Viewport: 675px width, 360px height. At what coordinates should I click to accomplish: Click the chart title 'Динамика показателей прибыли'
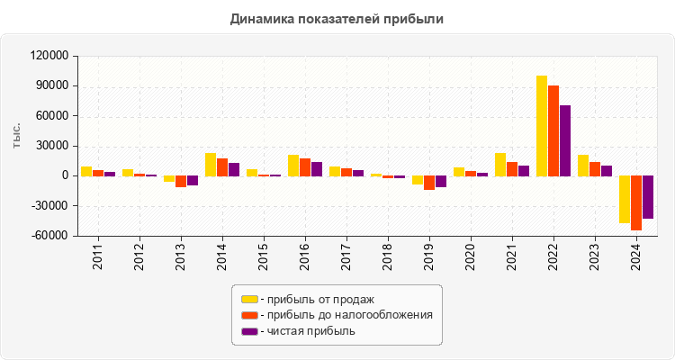tap(337, 18)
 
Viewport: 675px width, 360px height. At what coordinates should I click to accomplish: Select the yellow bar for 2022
tap(542, 126)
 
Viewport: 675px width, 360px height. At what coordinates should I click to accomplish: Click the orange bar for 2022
tap(553, 130)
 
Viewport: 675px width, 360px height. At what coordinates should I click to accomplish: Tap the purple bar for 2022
tap(565, 140)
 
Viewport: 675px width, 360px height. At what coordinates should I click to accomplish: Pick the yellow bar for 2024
tap(625, 199)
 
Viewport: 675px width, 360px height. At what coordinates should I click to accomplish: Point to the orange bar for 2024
tap(636, 203)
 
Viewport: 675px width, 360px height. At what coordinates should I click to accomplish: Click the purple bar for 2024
tap(648, 197)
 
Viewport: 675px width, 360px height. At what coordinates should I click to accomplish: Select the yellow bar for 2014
tap(211, 165)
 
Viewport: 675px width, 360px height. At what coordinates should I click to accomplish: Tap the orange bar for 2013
tap(181, 181)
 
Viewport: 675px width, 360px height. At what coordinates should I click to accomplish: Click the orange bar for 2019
tap(429, 183)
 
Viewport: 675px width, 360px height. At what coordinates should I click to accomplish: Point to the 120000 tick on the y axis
tap(50, 56)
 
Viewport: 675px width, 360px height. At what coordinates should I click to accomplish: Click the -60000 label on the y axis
tap(50, 236)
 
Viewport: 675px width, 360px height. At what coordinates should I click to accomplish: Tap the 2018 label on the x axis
tap(387, 257)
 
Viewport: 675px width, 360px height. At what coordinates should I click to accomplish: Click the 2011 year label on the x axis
tap(97, 257)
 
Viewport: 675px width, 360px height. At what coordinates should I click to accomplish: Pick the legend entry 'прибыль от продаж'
tap(316, 299)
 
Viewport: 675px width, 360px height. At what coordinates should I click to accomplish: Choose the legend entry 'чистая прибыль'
tap(307, 331)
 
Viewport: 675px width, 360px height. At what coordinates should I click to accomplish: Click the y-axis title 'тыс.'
tap(17, 134)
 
